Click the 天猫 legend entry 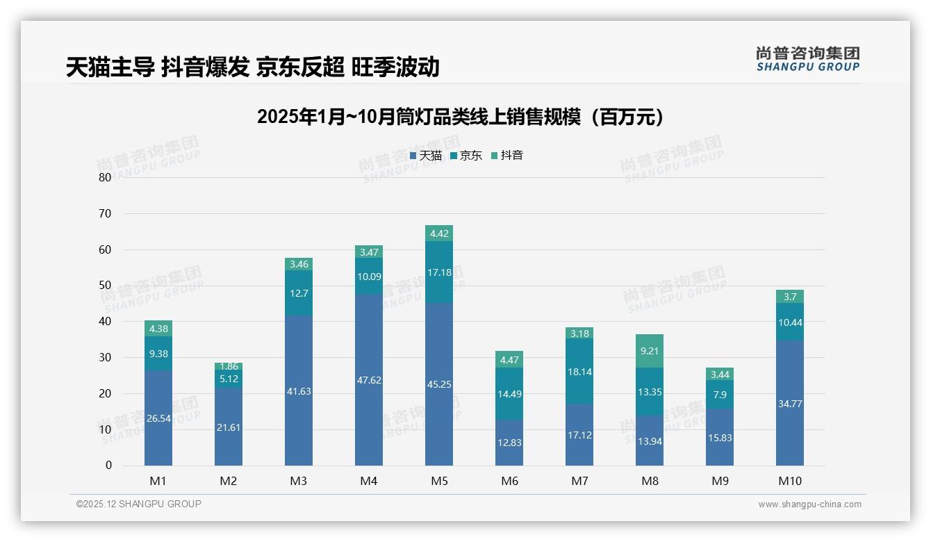[426, 156]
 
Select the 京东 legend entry [466, 156]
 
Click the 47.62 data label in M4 [368, 380]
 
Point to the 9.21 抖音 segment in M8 [649, 351]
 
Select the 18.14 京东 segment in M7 [579, 372]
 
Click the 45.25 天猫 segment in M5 [438, 384]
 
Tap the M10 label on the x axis [789, 481]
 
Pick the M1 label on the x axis [158, 481]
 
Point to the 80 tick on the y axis [105, 177]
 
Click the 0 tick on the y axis [108, 466]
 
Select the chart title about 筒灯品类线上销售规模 [460, 117]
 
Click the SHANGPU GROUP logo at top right [807, 59]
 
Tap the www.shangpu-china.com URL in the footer [809, 504]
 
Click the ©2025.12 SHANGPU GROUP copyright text [139, 504]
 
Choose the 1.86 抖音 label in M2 [229, 366]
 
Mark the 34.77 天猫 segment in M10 [789, 404]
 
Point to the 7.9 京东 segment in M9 [719, 395]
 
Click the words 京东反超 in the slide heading [300, 67]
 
